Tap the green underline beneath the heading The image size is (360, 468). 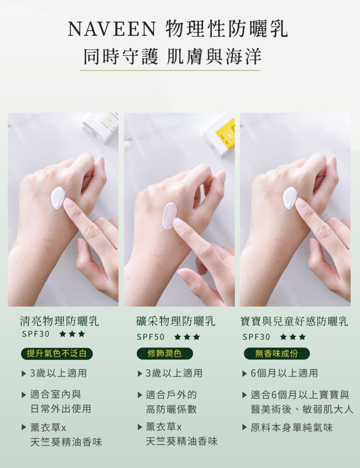coord(170,71)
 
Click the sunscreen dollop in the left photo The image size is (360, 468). coord(58,198)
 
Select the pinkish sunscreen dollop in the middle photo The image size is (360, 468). coord(169,216)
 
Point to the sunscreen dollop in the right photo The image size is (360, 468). coord(290,198)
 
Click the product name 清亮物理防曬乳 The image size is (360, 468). coord(59,321)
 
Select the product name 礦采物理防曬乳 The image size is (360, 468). coord(175,321)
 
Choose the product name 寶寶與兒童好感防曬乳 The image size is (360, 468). coord(295,321)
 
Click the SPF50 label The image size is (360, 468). coord(150,337)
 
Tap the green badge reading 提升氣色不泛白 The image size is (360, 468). coord(57,354)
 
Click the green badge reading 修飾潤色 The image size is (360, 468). coord(165,354)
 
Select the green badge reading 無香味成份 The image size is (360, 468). coord(277,354)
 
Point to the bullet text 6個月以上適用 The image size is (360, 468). coord(284,373)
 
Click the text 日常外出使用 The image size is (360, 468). coord(61,409)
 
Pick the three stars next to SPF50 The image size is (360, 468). coord(187,337)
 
